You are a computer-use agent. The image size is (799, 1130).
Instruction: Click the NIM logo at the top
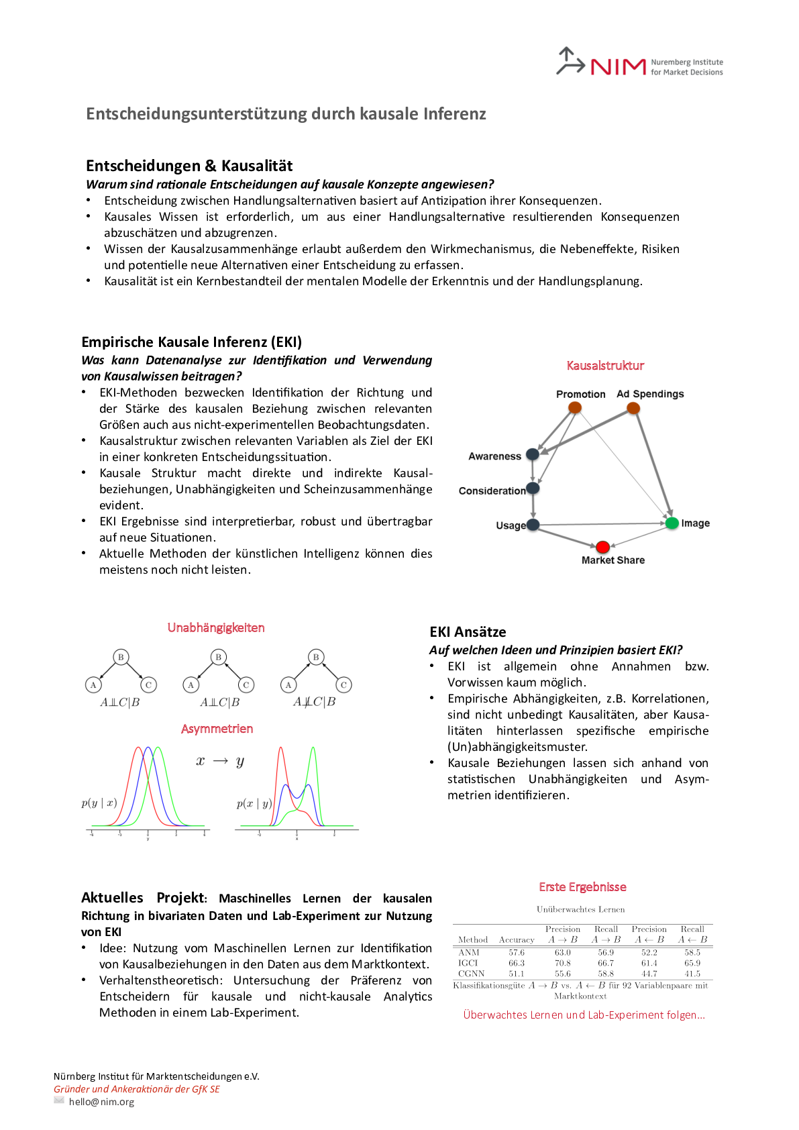[x=639, y=63]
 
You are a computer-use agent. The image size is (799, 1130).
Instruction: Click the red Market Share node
[x=602, y=547]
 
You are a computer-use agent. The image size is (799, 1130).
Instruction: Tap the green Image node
[x=672, y=523]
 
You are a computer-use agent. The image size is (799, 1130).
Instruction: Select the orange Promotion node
[x=575, y=407]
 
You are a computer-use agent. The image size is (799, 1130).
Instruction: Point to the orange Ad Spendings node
[x=633, y=407]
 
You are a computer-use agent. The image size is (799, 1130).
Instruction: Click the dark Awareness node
[x=533, y=454]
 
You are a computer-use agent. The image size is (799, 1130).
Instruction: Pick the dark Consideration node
[x=533, y=488]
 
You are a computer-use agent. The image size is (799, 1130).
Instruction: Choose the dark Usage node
[x=533, y=525]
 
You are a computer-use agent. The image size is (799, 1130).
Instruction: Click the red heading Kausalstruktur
[x=605, y=366]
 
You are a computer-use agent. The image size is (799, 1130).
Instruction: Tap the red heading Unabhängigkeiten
[x=216, y=627]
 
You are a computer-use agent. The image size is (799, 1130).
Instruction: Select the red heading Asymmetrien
[x=217, y=729]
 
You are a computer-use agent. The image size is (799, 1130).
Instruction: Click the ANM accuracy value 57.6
[x=517, y=952]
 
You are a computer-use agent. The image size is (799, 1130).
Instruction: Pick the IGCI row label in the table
[x=468, y=963]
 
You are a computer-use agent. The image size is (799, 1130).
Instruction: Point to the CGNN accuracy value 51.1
[x=517, y=974]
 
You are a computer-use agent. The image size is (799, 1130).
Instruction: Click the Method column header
[x=473, y=939]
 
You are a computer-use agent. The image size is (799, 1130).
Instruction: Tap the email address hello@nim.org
[x=101, y=1102]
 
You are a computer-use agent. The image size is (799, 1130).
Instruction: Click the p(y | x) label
[x=99, y=803]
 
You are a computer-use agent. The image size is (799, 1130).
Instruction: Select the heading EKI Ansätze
[x=468, y=632]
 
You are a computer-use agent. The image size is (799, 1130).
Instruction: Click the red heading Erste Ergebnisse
[x=582, y=887]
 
